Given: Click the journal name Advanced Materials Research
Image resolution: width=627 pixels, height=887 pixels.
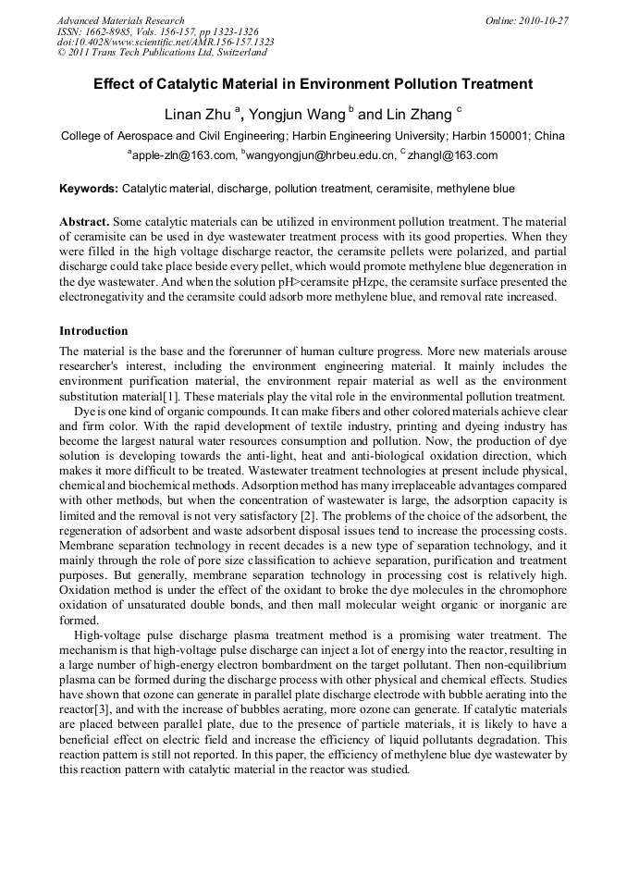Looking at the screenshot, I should (x=120, y=20).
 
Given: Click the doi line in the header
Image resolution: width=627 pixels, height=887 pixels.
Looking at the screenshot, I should (x=166, y=42).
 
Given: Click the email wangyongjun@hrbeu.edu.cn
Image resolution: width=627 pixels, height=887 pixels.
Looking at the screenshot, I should (x=319, y=155).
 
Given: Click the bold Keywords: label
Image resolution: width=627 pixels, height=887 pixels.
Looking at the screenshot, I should (x=89, y=189).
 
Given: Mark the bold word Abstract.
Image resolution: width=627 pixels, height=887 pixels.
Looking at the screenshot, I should (x=84, y=223).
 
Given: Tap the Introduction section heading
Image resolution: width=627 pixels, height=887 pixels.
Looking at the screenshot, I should (x=93, y=330).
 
